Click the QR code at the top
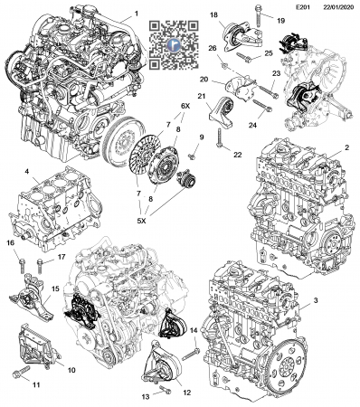(174, 45)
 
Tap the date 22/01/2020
(338, 7)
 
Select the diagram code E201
(302, 7)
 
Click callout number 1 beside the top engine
(137, 14)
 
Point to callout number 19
(280, 21)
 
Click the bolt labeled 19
(258, 15)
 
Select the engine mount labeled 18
(241, 37)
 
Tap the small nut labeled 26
(223, 65)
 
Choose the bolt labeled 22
(219, 138)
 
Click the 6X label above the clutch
(185, 106)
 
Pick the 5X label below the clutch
(141, 221)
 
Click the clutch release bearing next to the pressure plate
(185, 178)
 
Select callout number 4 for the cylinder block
(27, 172)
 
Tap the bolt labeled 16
(22, 266)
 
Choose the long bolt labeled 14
(191, 355)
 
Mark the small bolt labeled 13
(165, 389)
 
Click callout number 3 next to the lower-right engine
(316, 300)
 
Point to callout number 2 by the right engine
(347, 147)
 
